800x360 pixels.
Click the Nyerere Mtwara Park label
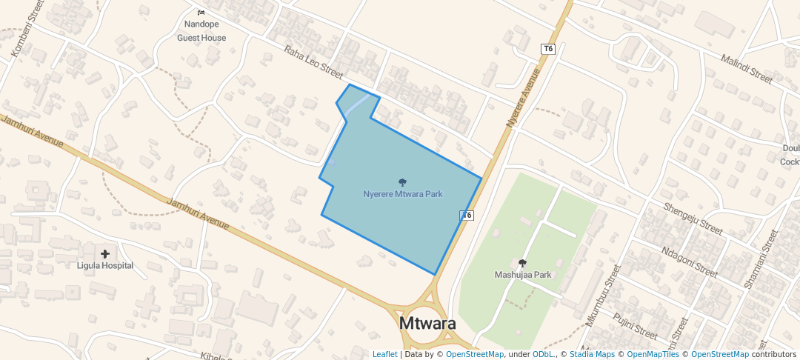403,194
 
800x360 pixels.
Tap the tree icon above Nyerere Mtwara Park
403,182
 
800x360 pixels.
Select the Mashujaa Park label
523,275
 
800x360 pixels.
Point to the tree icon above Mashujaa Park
523,263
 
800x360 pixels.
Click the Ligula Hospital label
105,265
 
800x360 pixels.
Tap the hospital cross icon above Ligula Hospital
105,254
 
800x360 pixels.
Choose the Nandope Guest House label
201,31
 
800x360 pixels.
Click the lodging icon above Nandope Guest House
201,13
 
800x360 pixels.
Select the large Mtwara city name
427,324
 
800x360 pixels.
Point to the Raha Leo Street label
313,63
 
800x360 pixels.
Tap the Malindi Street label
747,67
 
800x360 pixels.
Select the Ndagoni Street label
689,261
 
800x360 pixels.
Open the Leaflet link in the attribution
384,354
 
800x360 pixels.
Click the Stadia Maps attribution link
592,354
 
